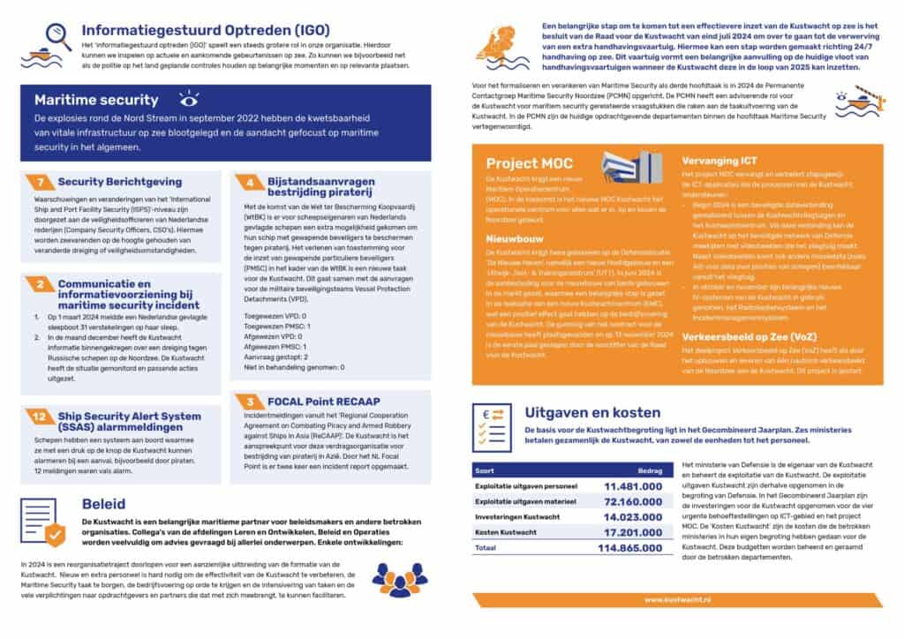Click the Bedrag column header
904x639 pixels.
tap(649, 471)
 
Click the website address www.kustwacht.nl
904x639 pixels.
tap(678, 599)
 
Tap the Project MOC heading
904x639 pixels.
tap(529, 163)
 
